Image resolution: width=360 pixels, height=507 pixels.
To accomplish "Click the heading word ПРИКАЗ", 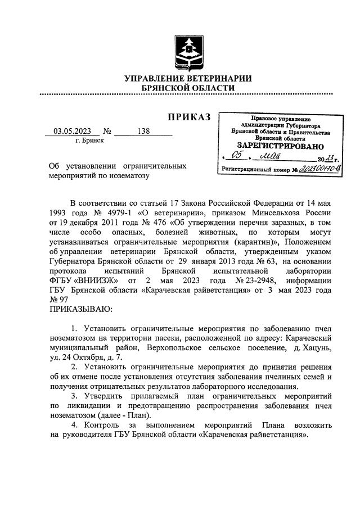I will coord(188,117).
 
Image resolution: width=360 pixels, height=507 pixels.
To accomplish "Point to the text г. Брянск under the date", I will coord(89,141).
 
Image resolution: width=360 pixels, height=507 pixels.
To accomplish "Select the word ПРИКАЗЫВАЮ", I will coord(81,309).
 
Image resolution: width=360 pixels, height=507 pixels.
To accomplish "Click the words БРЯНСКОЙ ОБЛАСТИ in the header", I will coord(188,89).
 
